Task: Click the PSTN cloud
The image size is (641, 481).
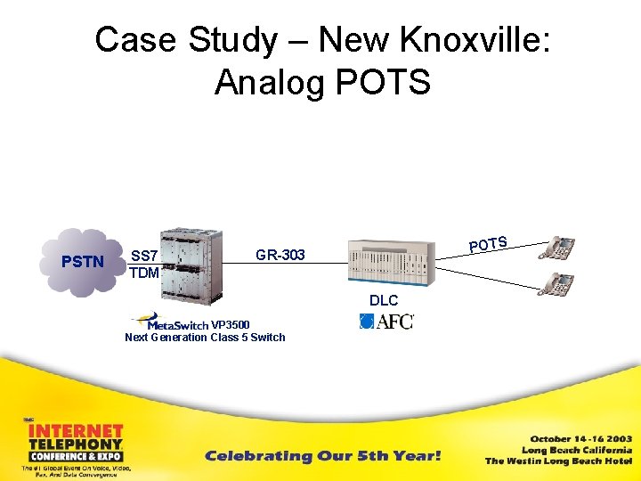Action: pos(83,261)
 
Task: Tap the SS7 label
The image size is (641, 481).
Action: pos(145,255)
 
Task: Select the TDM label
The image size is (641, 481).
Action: pos(144,273)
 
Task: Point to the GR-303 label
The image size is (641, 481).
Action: pos(280,256)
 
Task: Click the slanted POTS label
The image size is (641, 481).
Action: pos(489,243)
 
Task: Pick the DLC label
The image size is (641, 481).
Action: pos(385,301)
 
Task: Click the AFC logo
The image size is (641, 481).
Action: pos(387,321)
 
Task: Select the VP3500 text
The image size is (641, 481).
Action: pos(231,324)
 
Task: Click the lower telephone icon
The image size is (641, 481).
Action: pos(557,285)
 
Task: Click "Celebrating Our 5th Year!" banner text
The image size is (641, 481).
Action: pos(323,456)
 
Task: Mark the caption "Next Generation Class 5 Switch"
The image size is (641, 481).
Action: pos(205,338)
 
